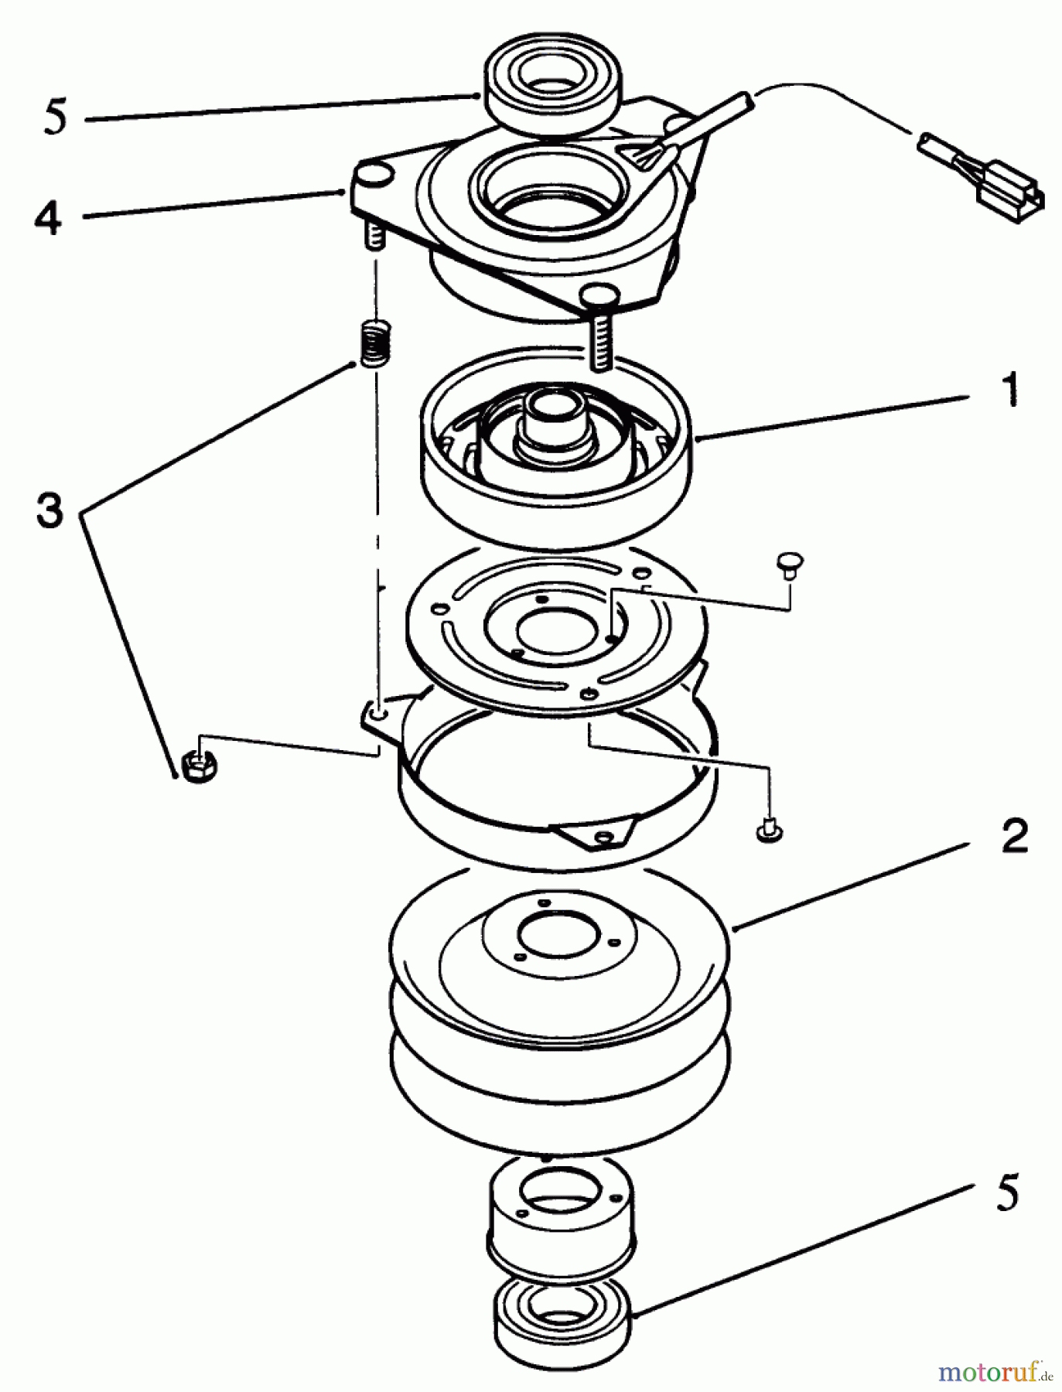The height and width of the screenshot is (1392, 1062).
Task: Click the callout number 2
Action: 1014,836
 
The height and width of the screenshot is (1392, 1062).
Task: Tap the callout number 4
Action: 48,218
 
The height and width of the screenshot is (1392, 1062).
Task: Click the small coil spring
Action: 374,343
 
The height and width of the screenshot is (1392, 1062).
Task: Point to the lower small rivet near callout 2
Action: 768,831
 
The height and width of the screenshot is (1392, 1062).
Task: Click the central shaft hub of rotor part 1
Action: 556,421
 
